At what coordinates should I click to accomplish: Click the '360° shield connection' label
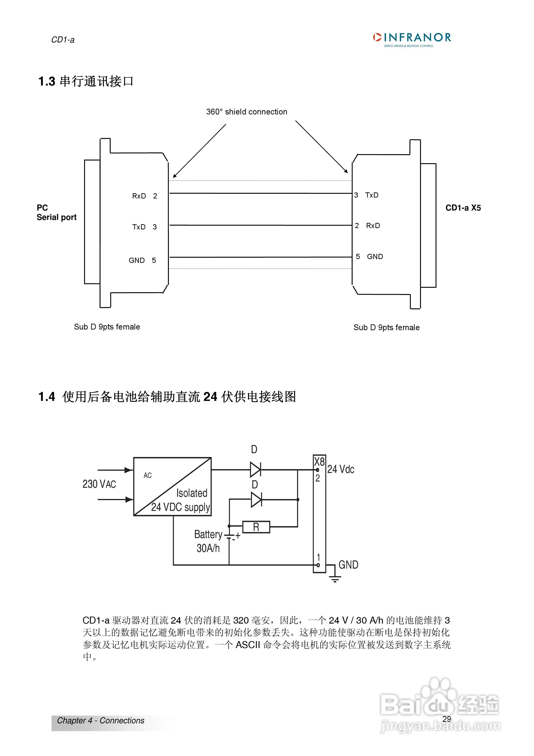click(x=246, y=112)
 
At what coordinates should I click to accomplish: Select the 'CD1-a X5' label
click(x=463, y=208)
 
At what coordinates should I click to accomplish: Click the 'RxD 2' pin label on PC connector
click(x=144, y=196)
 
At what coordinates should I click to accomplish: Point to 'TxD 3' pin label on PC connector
click(x=144, y=227)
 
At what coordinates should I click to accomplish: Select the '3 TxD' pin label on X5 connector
click(x=366, y=195)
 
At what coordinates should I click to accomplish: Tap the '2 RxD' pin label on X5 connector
click(x=367, y=226)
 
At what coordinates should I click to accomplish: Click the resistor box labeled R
click(x=256, y=527)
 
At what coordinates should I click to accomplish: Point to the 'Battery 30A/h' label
click(x=208, y=541)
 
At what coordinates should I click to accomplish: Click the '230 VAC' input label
click(x=99, y=484)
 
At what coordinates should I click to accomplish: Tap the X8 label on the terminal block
click(x=319, y=461)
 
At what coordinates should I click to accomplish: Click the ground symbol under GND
click(x=335, y=579)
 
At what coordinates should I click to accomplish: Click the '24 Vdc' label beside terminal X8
click(x=340, y=469)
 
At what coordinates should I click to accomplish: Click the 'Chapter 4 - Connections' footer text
click(x=101, y=721)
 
